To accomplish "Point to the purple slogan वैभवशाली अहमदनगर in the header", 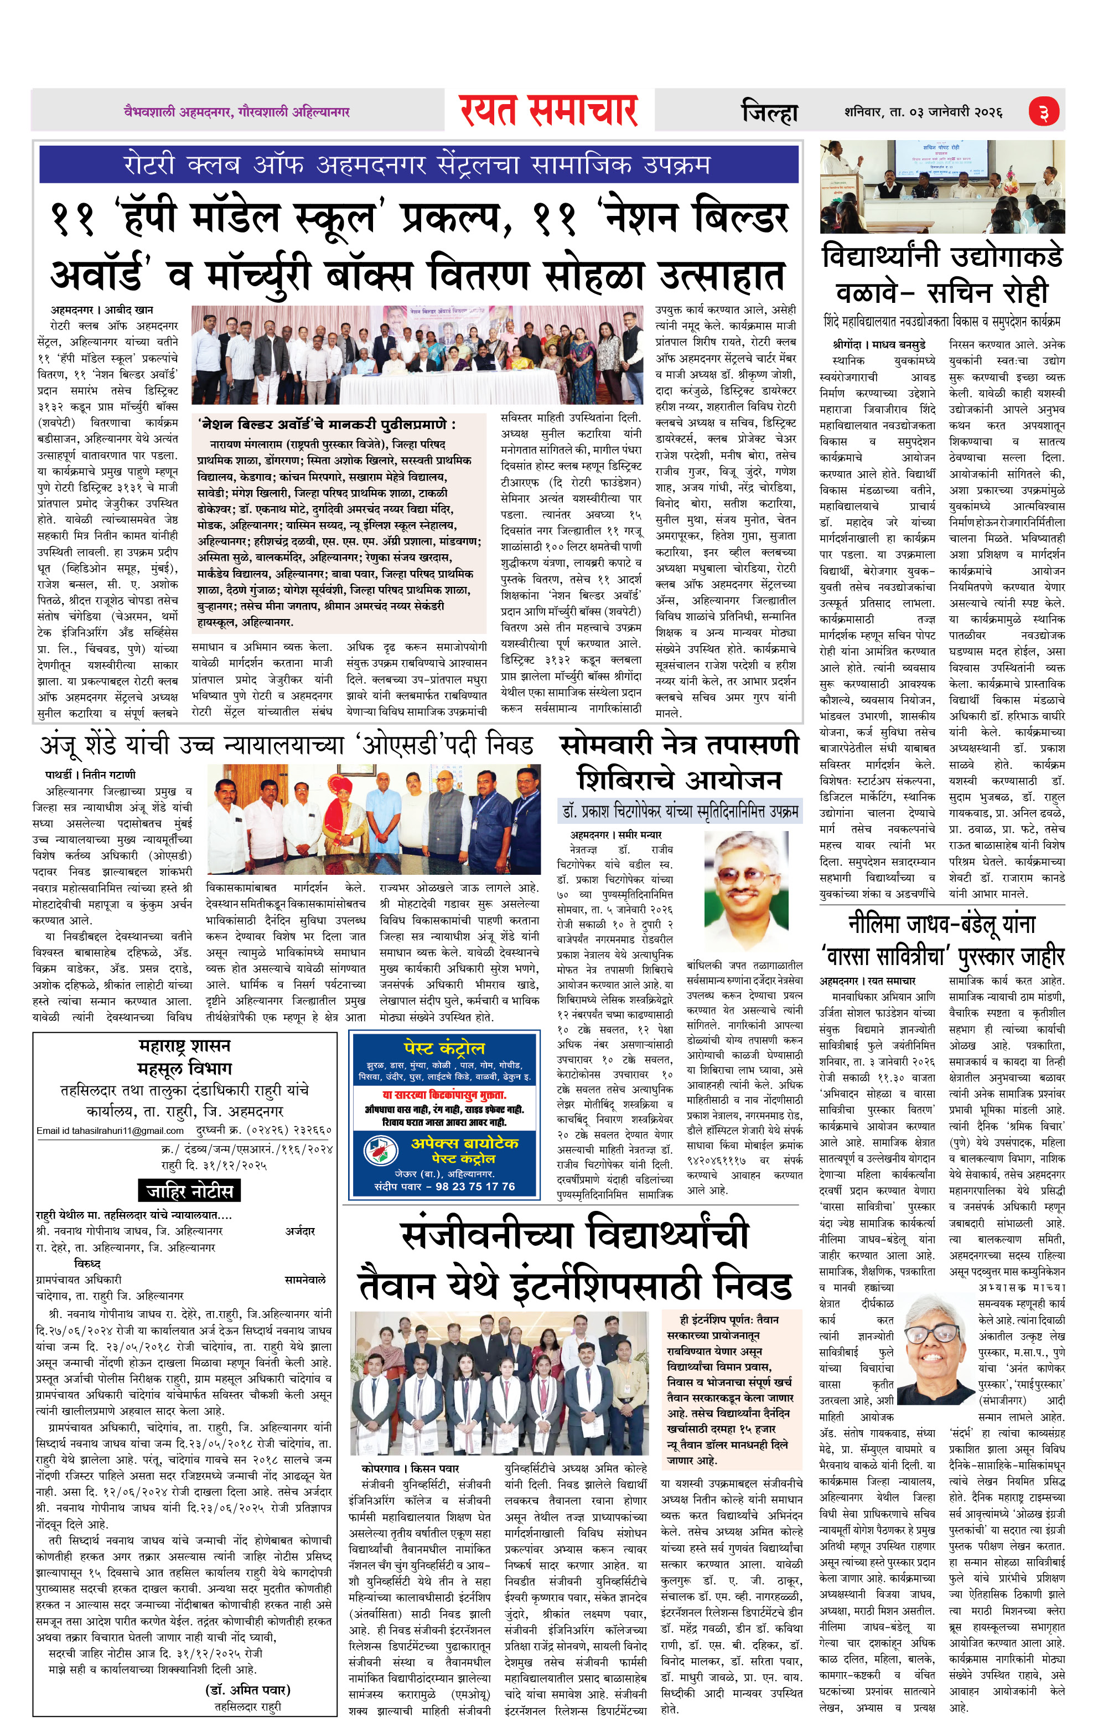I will tap(237, 111).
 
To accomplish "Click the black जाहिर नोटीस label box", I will tap(189, 1190).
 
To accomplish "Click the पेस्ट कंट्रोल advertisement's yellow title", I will tap(444, 1048).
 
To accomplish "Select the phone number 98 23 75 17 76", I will tap(475, 1186).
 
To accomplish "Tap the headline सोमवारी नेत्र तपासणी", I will tap(679, 744).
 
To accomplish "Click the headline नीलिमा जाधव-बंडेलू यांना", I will tap(942, 924).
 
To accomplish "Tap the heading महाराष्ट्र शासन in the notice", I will tap(184, 1045).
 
